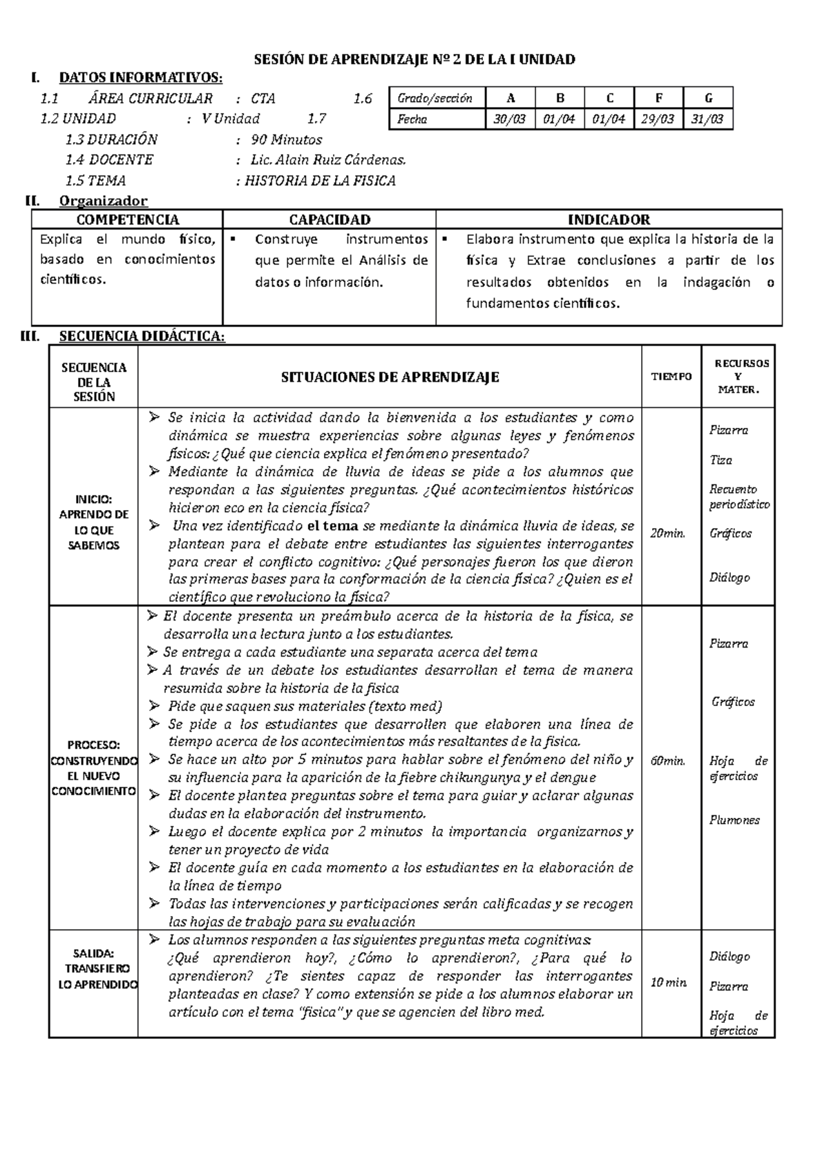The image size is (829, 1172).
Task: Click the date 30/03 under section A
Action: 510,119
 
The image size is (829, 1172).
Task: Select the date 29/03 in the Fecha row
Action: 658,119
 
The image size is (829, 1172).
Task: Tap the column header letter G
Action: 708,98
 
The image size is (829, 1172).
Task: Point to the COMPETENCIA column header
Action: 127,219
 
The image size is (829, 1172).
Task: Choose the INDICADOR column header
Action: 609,219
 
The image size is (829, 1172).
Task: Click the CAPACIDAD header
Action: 330,219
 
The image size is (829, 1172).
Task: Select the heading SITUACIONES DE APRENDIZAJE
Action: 390,378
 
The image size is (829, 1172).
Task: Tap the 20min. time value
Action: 668,533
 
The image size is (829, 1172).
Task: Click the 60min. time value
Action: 668,761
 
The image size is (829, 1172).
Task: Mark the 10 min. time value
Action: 669,982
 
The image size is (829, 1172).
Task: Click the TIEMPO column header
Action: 671,377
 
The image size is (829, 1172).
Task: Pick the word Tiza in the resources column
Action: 721,460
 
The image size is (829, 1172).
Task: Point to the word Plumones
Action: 734,820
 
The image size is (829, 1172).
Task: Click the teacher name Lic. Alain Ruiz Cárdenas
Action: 328,160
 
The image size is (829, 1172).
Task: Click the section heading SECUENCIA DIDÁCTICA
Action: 142,336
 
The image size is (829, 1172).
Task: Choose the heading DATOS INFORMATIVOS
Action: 141,77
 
